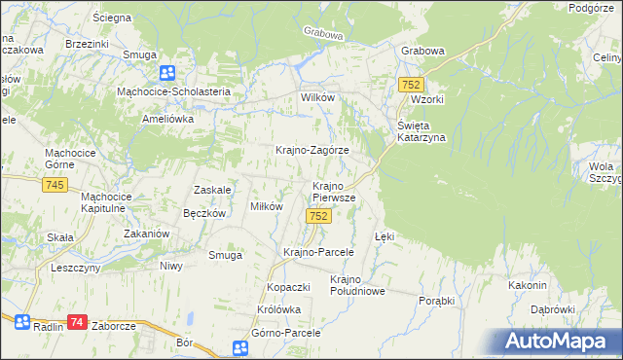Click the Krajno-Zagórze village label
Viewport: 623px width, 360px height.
[311, 151]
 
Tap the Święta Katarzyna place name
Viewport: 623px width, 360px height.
[421, 131]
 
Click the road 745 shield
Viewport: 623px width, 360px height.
[55, 185]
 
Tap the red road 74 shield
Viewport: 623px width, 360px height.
[78, 322]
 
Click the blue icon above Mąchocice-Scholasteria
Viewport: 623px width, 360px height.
[167, 73]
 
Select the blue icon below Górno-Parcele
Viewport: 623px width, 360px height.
[241, 348]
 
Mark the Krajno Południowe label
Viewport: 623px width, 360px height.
[358, 284]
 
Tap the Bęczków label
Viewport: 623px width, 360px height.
[204, 213]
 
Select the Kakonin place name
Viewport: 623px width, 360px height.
[527, 285]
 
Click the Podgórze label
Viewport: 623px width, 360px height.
[594, 8]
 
